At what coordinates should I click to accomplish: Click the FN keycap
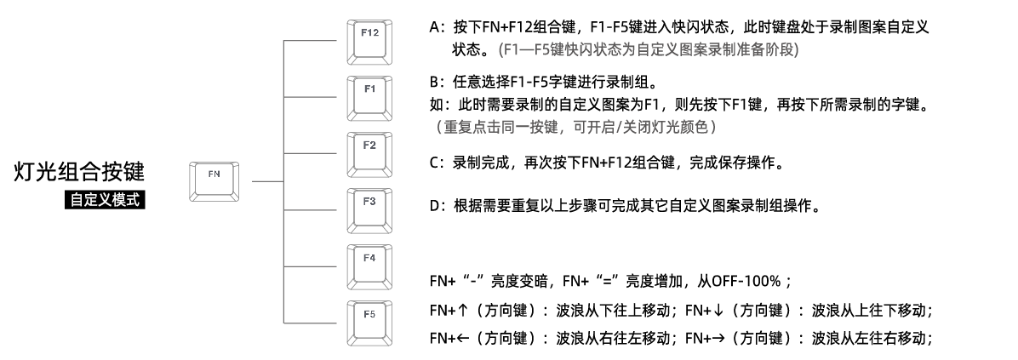pyautogui.click(x=214, y=178)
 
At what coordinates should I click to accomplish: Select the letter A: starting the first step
pyautogui.click(x=437, y=27)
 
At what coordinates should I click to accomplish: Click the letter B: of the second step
pyautogui.click(x=437, y=83)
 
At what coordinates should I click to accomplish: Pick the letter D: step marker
pyautogui.click(x=437, y=208)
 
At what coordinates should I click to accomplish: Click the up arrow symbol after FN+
pyautogui.click(x=462, y=308)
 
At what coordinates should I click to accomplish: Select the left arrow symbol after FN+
pyautogui.click(x=462, y=338)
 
